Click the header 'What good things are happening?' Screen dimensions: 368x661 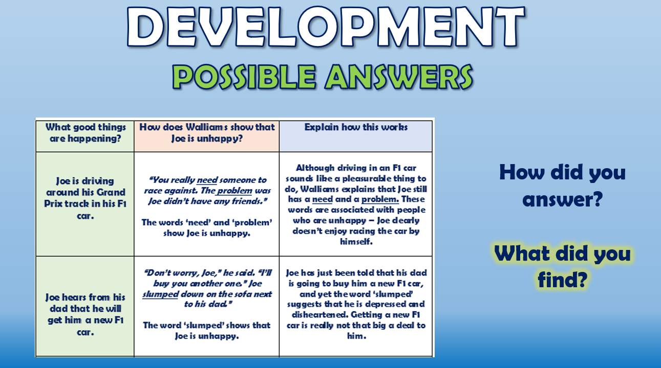tap(85, 133)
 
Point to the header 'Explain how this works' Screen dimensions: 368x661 tap(356, 127)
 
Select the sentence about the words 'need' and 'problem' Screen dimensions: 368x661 tap(206, 228)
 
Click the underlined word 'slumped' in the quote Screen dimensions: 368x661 tap(160, 294)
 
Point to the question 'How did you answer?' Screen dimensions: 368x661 tap(562, 186)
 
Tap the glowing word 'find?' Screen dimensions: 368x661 tap(562, 279)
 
